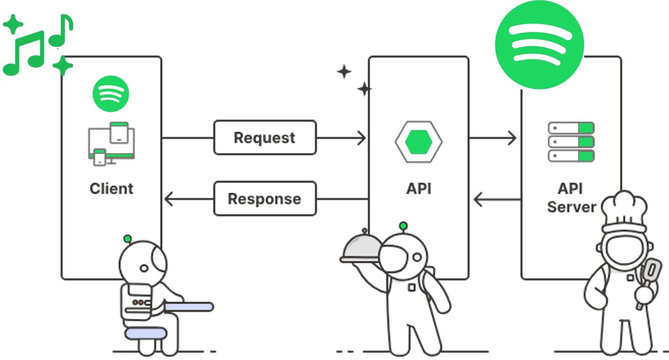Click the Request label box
(264, 138)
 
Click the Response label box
(264, 199)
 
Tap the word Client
(111, 189)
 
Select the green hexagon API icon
(419, 141)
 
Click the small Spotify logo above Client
(111, 94)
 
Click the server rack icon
(571, 141)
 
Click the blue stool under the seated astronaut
(145, 333)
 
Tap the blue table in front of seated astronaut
(189, 307)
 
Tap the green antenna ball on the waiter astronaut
(403, 226)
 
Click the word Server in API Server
(571, 206)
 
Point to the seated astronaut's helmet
(143, 262)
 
